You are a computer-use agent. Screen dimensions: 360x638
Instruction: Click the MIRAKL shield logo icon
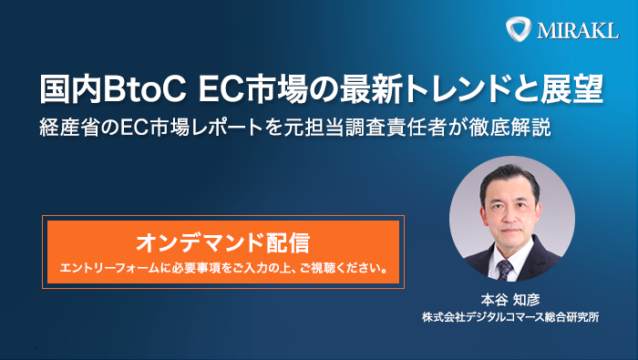click(519, 28)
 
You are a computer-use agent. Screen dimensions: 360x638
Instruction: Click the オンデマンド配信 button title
click(222, 242)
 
